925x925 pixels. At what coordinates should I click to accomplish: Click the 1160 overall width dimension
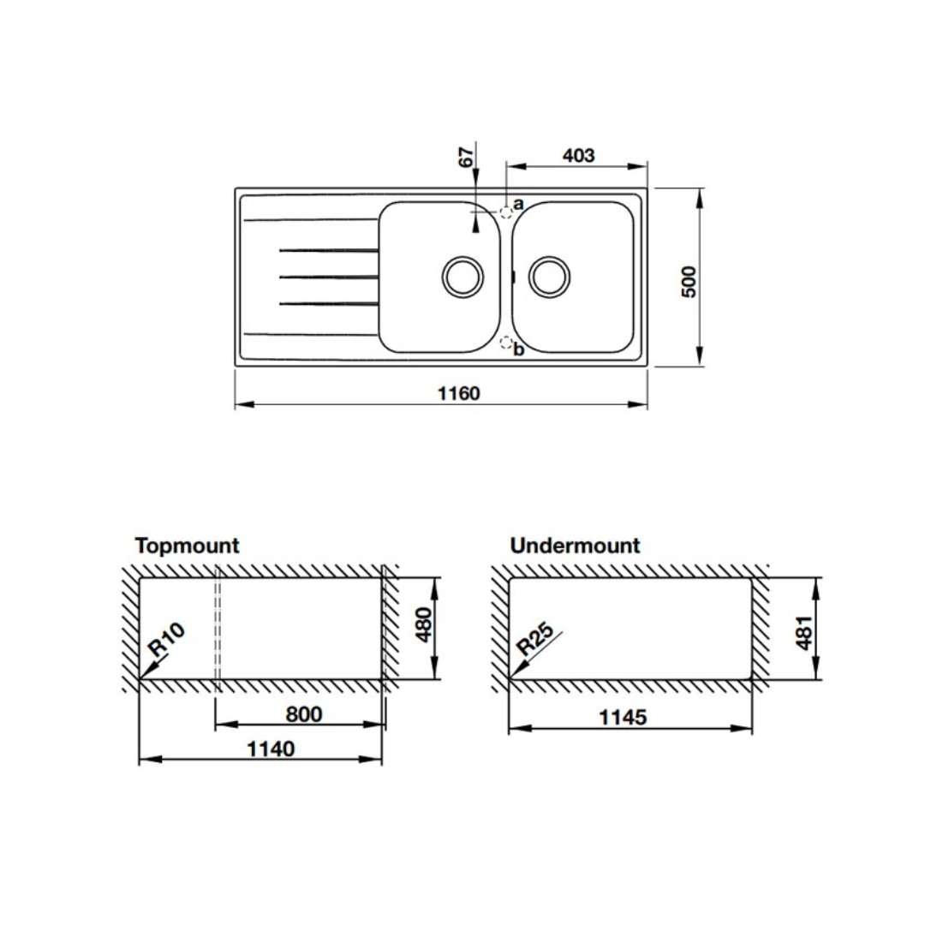click(x=458, y=393)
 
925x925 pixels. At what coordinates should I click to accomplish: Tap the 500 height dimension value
click(x=689, y=282)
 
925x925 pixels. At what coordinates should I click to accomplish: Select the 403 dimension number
click(x=579, y=155)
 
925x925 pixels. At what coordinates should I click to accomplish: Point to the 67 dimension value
click(x=466, y=158)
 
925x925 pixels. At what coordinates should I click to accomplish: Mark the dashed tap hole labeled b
click(x=506, y=342)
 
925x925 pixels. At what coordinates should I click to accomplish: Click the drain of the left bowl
click(x=462, y=277)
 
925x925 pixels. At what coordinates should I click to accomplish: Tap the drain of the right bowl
click(x=549, y=277)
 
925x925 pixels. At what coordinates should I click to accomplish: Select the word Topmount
click(x=188, y=546)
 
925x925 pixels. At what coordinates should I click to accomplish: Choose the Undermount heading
click(x=576, y=545)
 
